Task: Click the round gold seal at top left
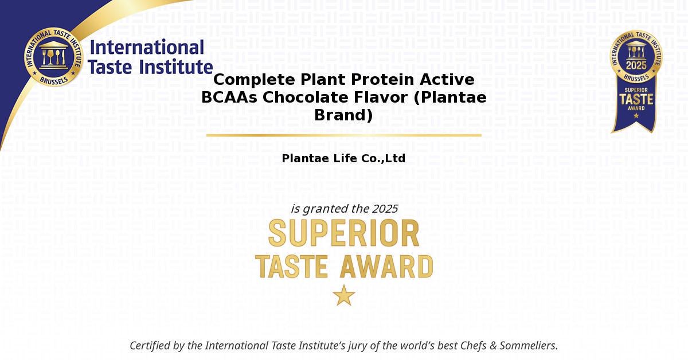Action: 54,57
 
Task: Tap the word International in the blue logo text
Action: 147,48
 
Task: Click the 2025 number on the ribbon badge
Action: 636,65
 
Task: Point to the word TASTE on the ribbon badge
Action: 636,100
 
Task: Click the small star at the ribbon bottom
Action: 636,116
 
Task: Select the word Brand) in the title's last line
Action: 343,115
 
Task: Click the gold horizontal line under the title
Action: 343,135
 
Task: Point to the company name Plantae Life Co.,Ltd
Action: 343,158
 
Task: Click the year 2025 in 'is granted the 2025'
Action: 385,209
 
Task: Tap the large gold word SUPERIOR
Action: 344,233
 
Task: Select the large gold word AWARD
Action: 386,267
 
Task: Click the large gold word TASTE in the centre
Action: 291,267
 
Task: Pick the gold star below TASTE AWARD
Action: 344,295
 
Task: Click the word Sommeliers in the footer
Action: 529,346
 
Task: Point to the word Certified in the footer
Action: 150,346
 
